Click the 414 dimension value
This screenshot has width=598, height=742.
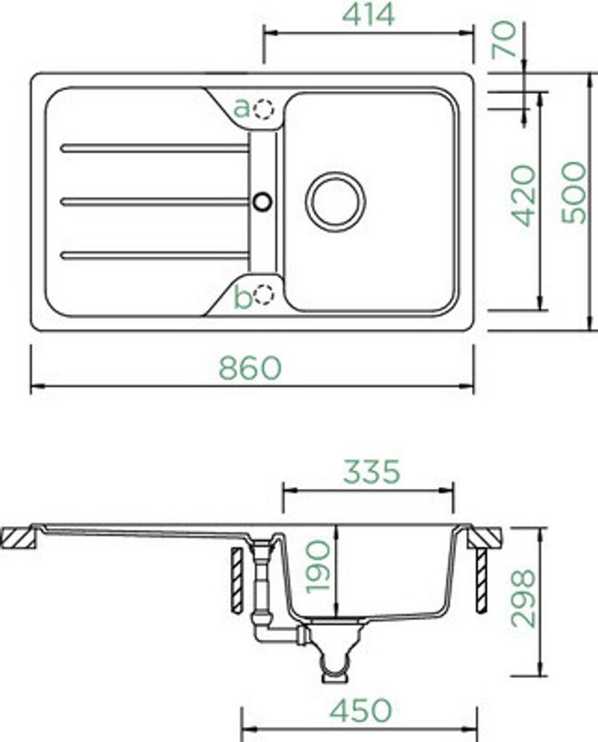368,14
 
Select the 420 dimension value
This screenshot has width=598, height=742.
523,196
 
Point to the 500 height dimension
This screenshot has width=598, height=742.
573,192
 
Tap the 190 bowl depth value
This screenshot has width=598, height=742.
318,567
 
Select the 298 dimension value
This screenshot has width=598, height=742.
523,598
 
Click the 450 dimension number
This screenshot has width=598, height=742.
361,710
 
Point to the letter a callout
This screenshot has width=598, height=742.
242,108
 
